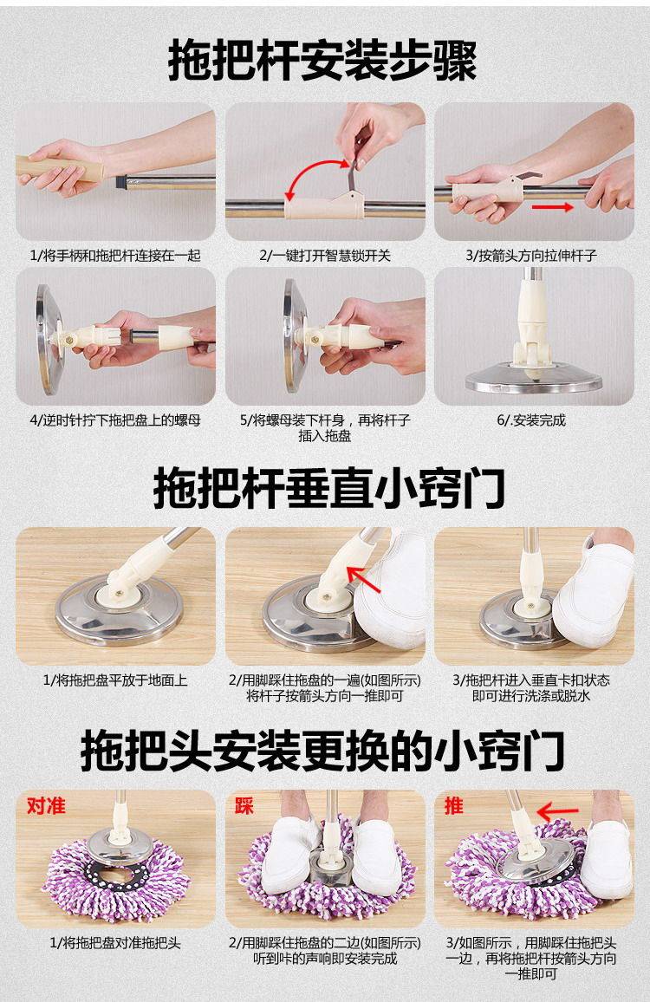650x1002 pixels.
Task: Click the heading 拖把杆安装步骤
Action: click(322, 61)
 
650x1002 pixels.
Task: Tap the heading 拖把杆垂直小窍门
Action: click(329, 487)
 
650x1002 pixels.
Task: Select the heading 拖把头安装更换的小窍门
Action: click(322, 751)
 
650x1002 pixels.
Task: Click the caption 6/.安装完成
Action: click(532, 420)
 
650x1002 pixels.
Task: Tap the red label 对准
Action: click(46, 804)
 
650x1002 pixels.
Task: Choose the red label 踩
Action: click(244, 805)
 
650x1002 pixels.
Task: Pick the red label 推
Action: click(454, 805)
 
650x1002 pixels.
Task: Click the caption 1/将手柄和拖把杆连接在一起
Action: click(115, 256)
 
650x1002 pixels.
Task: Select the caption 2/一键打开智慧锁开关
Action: click(325, 256)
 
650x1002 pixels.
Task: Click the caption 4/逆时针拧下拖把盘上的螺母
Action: click(115, 420)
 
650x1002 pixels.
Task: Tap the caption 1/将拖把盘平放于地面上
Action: click(115, 680)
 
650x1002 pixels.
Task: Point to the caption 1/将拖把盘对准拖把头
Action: click(115, 942)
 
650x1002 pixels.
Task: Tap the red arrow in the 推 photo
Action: click(557, 812)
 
